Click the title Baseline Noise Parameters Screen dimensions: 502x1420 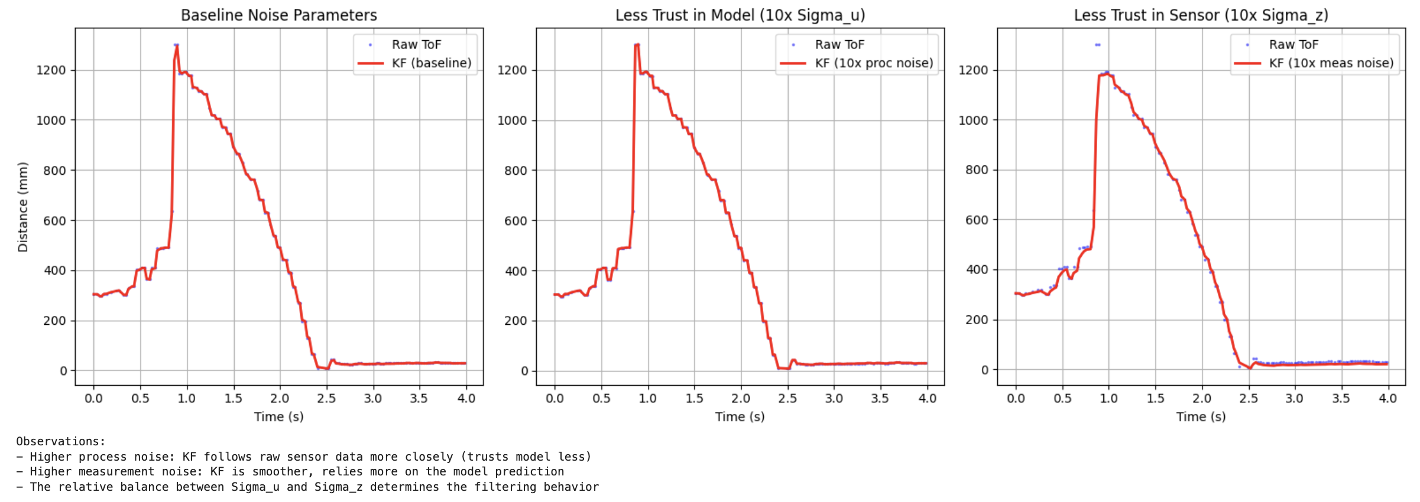point(278,15)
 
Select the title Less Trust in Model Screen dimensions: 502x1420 point(740,15)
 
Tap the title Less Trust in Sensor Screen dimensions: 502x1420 point(1201,15)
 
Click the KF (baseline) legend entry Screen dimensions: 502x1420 point(431,63)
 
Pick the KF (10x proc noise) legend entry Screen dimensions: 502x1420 point(873,63)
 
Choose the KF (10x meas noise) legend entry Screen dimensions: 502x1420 point(1331,63)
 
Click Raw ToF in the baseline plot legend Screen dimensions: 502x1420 point(416,44)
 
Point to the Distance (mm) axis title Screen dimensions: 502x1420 point(23,207)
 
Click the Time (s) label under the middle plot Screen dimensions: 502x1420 point(740,417)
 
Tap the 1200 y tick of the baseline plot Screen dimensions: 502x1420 point(51,70)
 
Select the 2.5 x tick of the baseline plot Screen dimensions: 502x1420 point(326,399)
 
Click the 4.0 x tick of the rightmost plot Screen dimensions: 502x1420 point(1387,399)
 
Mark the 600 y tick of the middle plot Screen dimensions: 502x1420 point(516,221)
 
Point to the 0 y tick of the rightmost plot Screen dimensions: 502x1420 point(984,370)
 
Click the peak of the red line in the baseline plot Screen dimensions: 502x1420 point(176,46)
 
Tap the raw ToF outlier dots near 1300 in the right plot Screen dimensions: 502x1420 point(1097,45)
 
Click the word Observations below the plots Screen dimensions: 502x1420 point(60,442)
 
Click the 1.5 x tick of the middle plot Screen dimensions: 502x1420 point(694,399)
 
